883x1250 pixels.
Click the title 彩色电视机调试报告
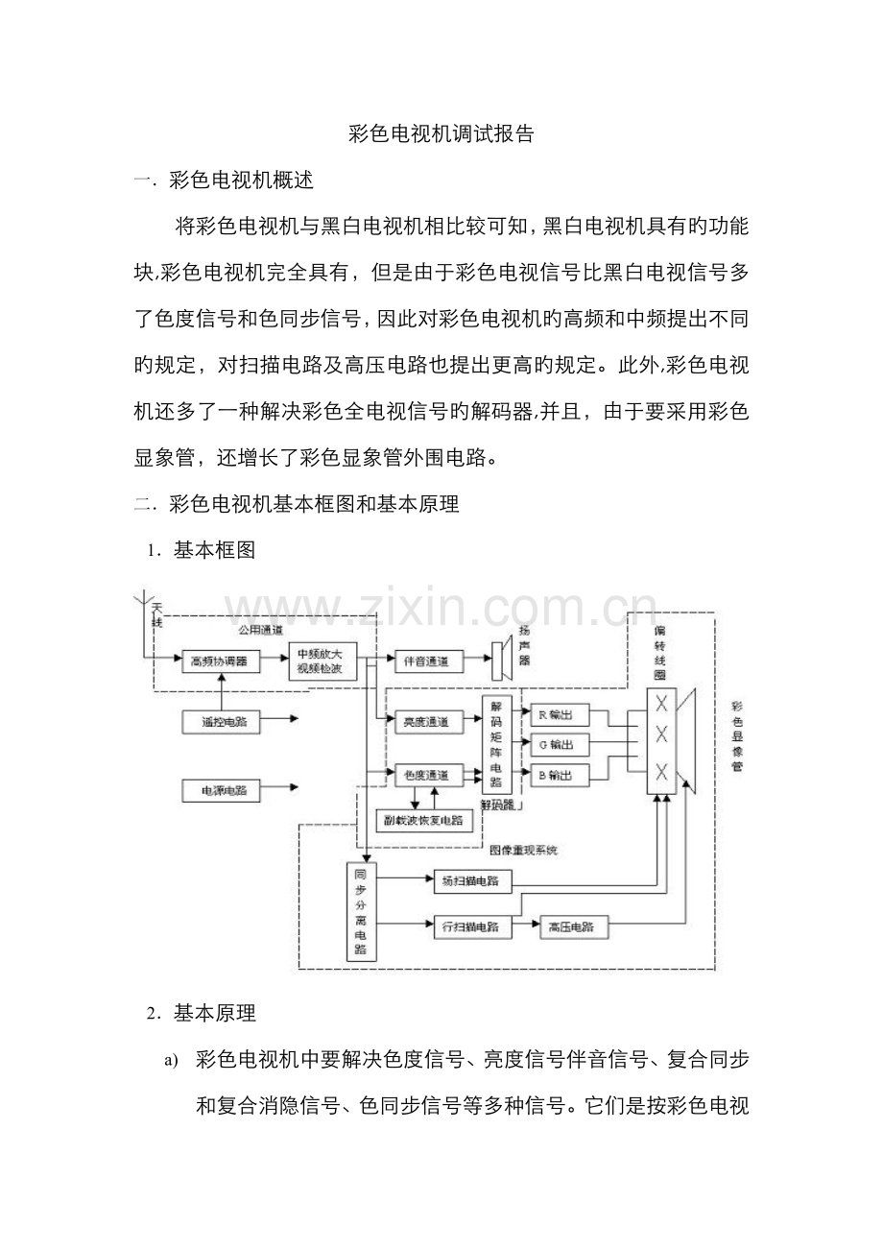[441, 134]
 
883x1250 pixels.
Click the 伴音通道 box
[428, 661]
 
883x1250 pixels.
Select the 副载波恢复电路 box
[423, 820]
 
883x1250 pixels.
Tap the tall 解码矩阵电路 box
[495, 744]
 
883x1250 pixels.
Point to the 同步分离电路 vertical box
[360, 911]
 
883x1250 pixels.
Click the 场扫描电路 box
[471, 879]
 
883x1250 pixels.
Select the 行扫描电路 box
[471, 926]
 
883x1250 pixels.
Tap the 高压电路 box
[572, 926]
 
